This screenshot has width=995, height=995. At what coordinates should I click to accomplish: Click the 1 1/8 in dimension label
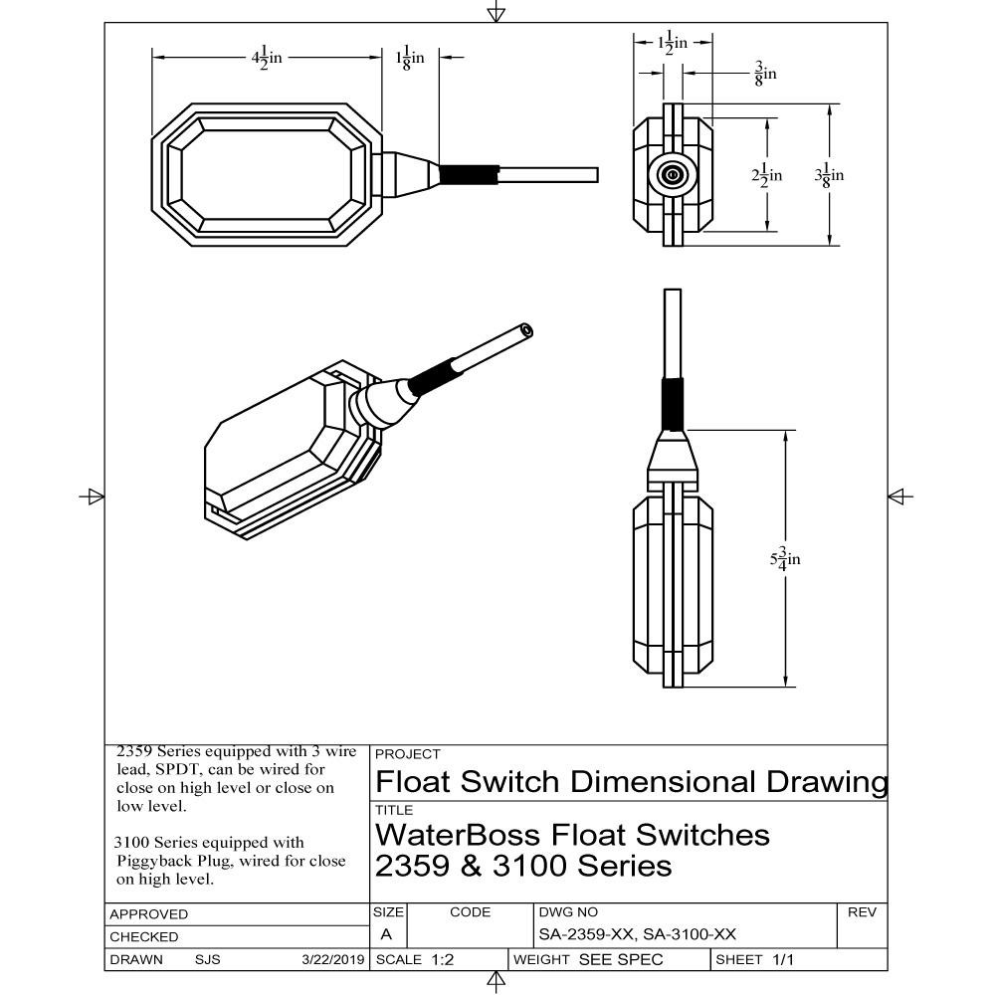[x=410, y=58]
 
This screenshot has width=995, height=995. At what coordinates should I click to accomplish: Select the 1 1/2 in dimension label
[x=674, y=43]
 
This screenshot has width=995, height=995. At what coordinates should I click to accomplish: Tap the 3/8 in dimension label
[x=765, y=73]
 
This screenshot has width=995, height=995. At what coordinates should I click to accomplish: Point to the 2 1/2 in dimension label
[x=766, y=175]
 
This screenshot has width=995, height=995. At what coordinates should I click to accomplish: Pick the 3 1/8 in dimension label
[x=829, y=175]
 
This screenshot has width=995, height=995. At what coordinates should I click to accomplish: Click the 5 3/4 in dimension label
[x=785, y=558]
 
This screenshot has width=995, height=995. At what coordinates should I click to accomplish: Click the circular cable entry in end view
[x=673, y=176]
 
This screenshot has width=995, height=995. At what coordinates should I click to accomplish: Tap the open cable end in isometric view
[x=526, y=329]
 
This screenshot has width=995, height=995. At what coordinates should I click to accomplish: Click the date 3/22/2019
[x=333, y=960]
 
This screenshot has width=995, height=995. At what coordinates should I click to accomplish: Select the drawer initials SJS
[x=208, y=960]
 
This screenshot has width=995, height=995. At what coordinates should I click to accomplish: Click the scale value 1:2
[x=443, y=960]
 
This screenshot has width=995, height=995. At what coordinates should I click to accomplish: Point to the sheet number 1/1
[x=783, y=960]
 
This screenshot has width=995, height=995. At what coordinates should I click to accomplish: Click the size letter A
[x=386, y=935]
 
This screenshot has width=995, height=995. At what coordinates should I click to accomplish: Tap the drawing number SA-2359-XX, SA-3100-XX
[x=637, y=935]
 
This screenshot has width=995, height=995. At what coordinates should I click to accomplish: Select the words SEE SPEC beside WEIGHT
[x=620, y=960]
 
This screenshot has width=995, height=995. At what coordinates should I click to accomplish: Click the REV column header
[x=861, y=911]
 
